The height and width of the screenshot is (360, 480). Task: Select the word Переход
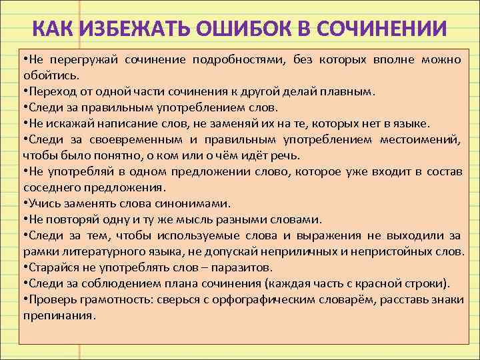click(x=49, y=91)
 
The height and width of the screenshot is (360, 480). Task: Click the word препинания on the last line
click(x=59, y=315)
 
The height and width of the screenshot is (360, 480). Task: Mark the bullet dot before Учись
click(x=25, y=203)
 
